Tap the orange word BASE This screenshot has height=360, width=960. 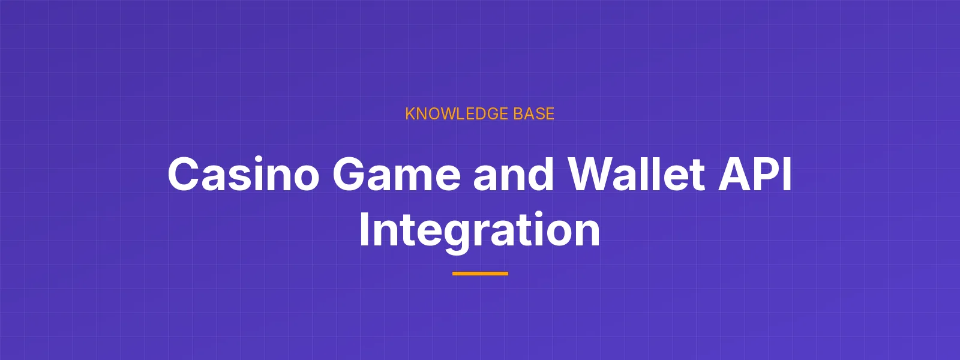[527, 114]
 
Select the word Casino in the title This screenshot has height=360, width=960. [244, 174]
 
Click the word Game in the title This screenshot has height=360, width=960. [397, 174]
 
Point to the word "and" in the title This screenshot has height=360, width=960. [514, 174]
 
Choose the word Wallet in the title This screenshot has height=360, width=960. [636, 174]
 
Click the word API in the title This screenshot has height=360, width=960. [755, 174]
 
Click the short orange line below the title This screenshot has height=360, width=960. [480, 274]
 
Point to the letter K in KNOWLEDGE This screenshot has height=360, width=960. [410, 114]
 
